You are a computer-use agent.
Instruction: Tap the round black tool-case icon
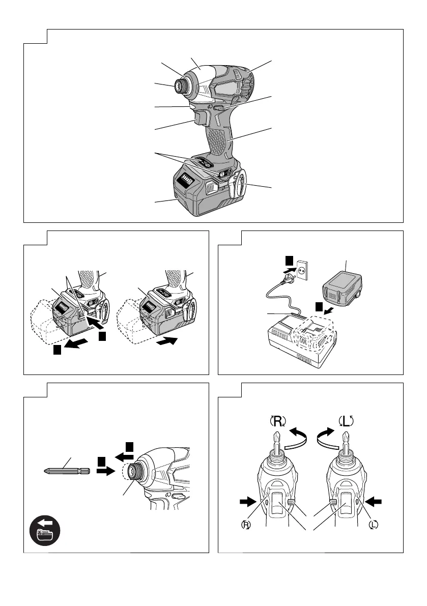45,532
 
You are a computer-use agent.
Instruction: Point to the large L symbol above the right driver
347,421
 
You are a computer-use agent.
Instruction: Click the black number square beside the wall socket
289,261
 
